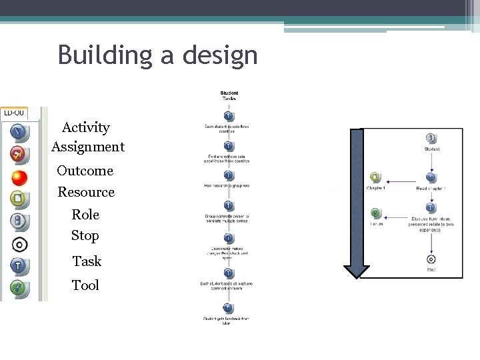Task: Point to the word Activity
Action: (x=86, y=127)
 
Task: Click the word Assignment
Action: (x=87, y=146)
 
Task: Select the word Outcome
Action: (x=85, y=171)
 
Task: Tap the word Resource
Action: (x=86, y=192)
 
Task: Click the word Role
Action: (x=85, y=215)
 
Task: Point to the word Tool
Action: (x=85, y=285)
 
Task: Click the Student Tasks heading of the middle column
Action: (x=228, y=95)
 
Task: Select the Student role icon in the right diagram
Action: (x=431, y=138)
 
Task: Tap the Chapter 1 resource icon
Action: (x=375, y=177)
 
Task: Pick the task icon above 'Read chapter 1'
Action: (x=431, y=177)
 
